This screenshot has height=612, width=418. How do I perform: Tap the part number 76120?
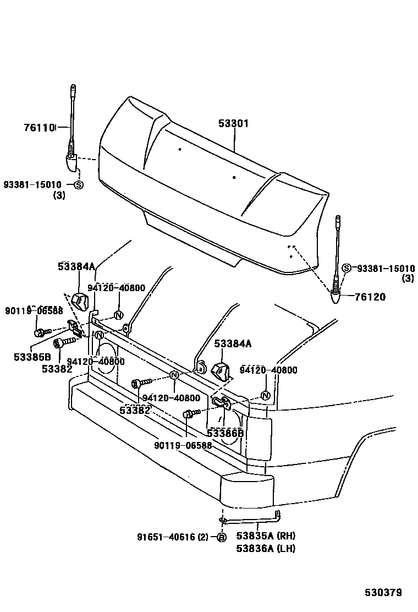[x=370, y=297]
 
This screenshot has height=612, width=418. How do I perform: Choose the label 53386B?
[x=225, y=433]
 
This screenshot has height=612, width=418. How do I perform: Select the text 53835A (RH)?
[x=266, y=536]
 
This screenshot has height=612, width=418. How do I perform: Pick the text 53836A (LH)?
[x=265, y=548]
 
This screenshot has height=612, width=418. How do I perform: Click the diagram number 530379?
[x=383, y=592]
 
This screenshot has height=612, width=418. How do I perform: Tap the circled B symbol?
[x=221, y=538]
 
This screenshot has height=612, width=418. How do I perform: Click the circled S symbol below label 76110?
[x=78, y=185]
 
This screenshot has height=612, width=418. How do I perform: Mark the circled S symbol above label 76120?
[x=346, y=268]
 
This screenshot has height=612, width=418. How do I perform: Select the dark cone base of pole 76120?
[x=335, y=298]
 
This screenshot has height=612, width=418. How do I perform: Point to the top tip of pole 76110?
[x=73, y=88]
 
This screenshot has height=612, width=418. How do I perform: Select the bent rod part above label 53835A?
[x=250, y=518]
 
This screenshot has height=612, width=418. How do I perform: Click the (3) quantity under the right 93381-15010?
[x=408, y=278]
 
